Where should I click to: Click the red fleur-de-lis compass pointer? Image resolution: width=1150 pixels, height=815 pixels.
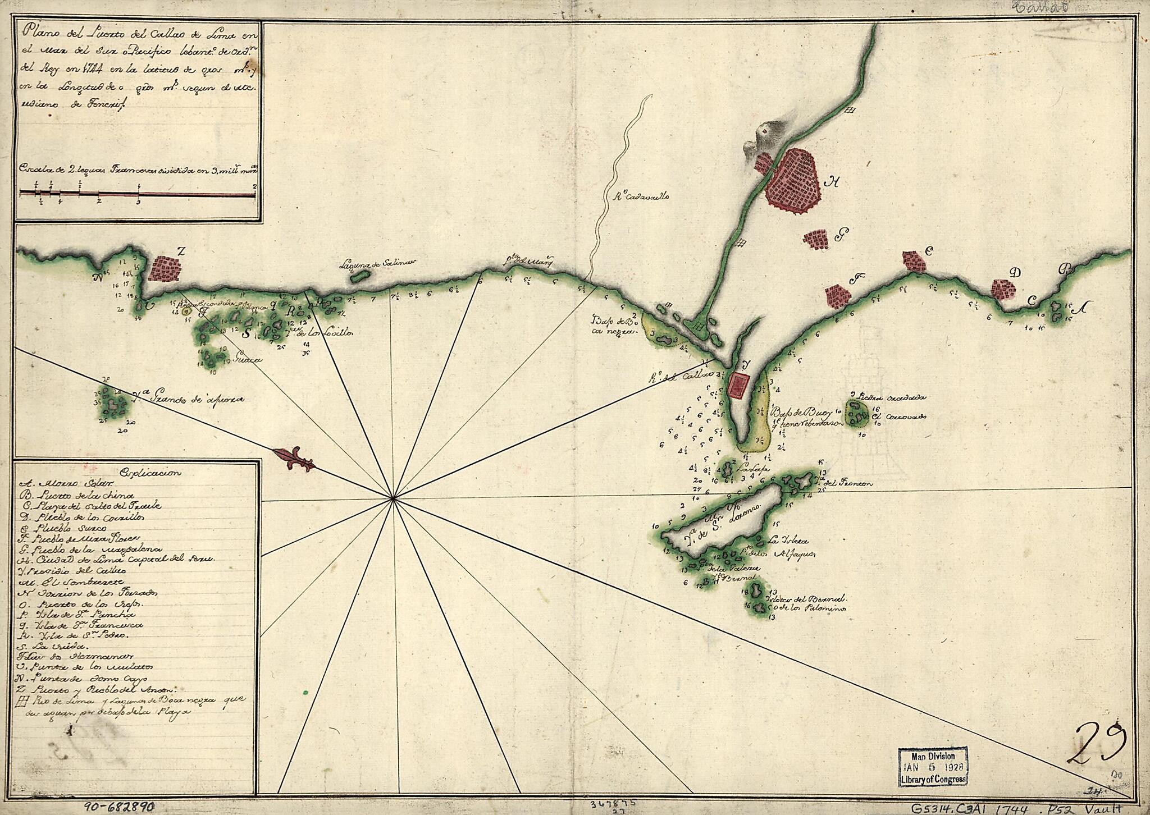294,459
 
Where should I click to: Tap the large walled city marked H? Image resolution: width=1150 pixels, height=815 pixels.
792,181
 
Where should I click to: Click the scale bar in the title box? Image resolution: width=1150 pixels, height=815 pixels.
138,194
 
